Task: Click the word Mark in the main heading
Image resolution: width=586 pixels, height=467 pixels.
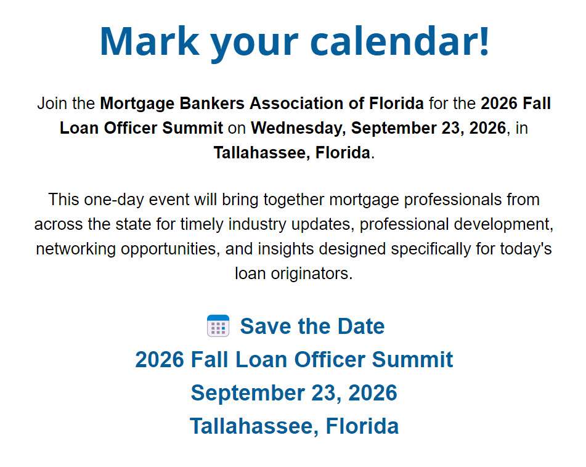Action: (x=150, y=41)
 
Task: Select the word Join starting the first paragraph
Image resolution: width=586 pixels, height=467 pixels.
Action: (x=52, y=104)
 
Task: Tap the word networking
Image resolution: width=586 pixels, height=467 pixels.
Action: (x=76, y=249)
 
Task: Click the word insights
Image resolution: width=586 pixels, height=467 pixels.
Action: (x=286, y=249)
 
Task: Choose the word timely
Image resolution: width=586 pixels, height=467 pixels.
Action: (x=201, y=224)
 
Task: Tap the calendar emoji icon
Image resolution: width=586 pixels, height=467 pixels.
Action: (x=218, y=326)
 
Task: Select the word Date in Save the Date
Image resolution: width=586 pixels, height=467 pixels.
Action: (x=361, y=326)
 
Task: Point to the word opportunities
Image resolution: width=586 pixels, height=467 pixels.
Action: (x=171, y=249)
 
